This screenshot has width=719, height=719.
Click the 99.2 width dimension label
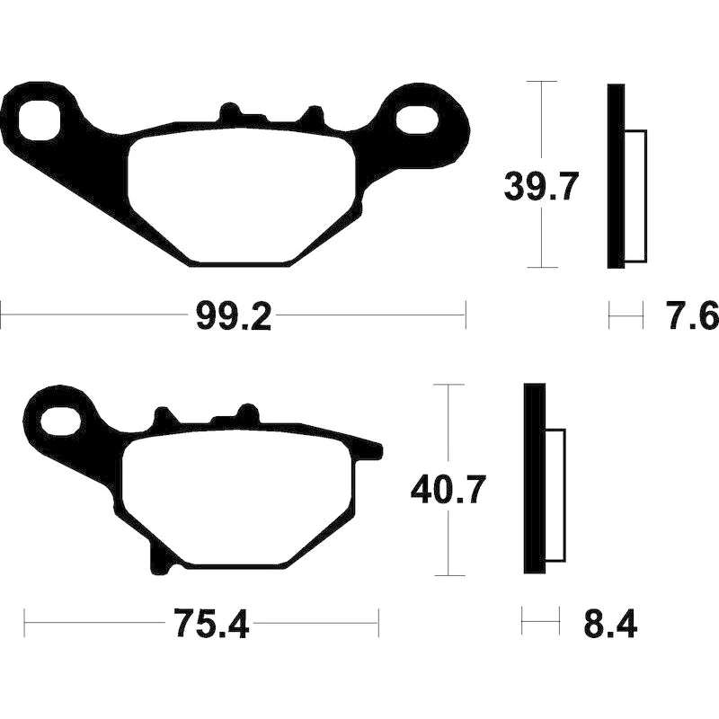point(234,316)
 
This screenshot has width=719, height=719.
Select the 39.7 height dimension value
point(538,187)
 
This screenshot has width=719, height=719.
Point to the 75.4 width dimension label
point(212,624)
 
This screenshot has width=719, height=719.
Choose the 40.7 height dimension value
point(447,489)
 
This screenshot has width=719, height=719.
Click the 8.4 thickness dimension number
point(610,624)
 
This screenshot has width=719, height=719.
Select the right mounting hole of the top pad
point(415,121)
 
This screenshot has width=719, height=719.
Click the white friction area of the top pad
point(243,195)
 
